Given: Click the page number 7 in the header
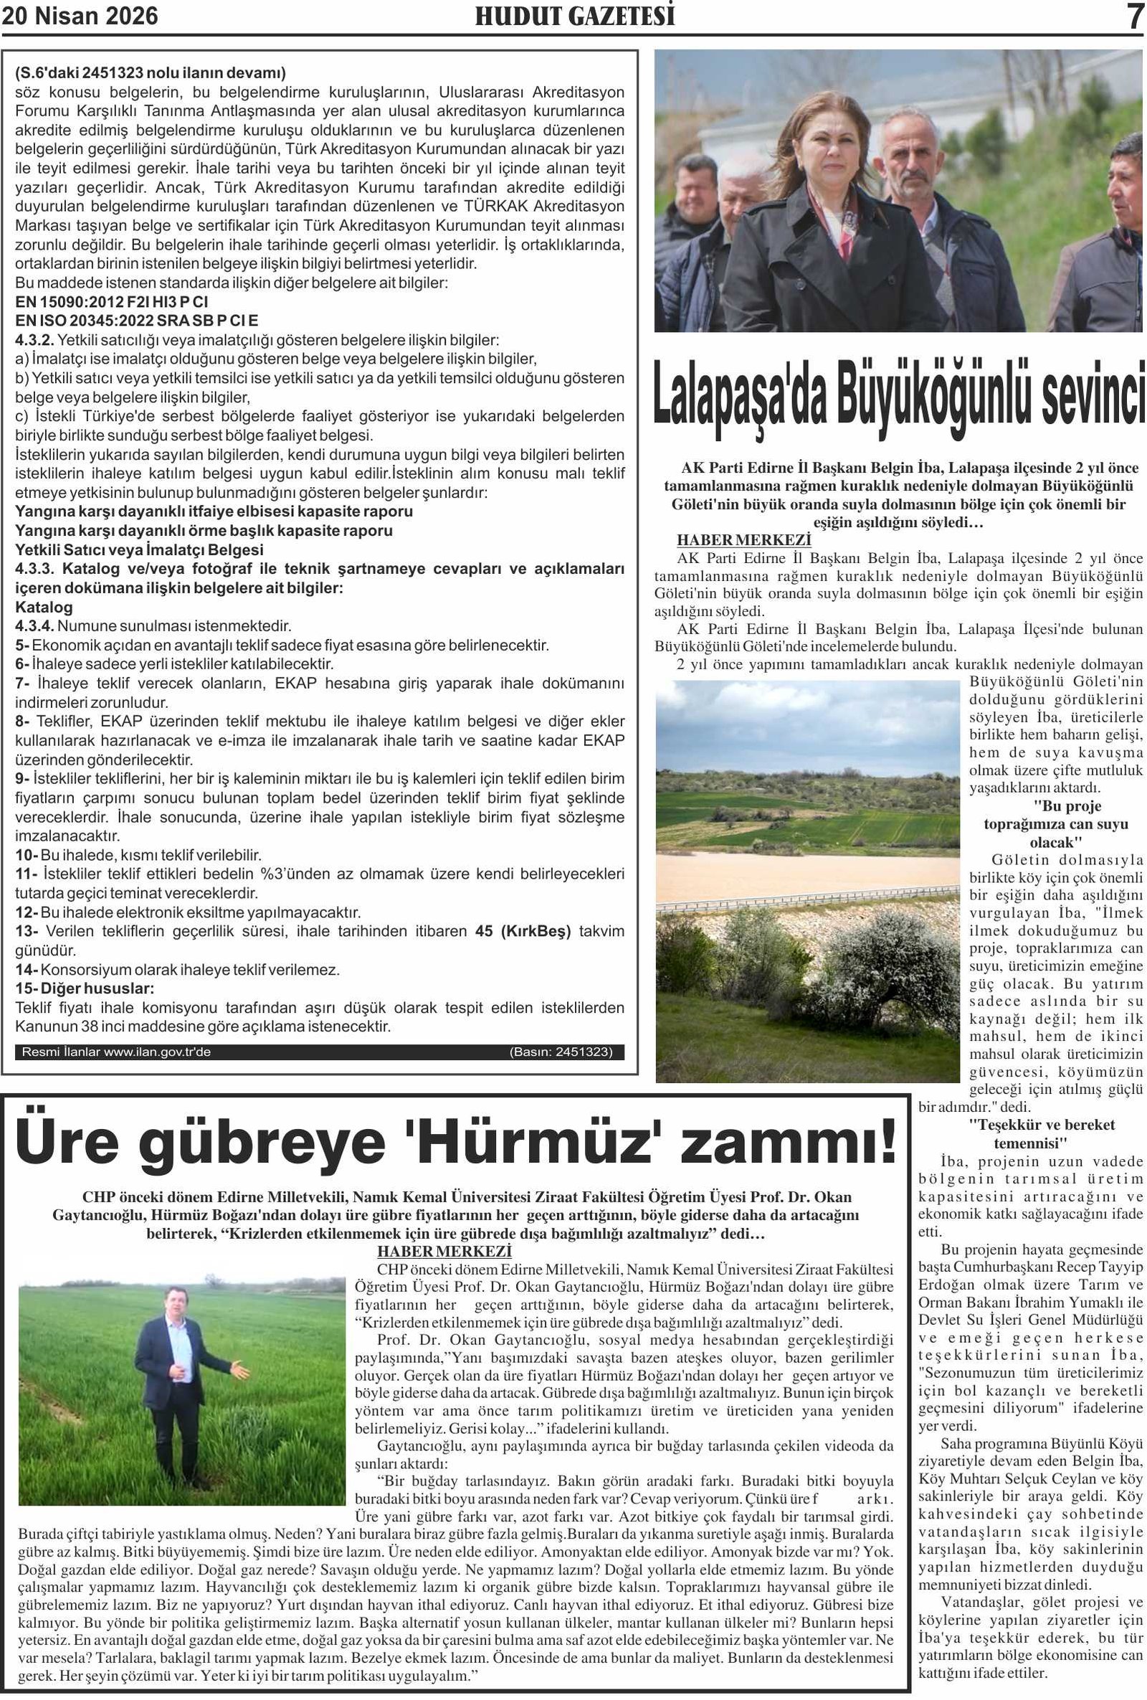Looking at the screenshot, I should [x=1133, y=16].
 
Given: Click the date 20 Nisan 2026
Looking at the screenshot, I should [x=80, y=16].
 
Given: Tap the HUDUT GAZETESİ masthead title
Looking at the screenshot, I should [x=575, y=16].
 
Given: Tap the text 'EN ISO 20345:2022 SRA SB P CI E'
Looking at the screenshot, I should [x=137, y=321].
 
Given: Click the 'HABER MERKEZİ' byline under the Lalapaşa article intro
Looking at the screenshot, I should [x=743, y=540].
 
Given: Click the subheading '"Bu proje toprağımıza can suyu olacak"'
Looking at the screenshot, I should [x=1056, y=823].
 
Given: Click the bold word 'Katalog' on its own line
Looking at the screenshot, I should [x=44, y=607].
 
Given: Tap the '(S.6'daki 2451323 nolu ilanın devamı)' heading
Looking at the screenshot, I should [x=150, y=73].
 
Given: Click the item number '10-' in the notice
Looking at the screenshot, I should [x=27, y=855].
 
